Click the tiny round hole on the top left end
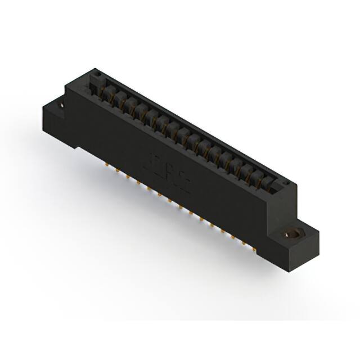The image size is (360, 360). (x=96, y=73)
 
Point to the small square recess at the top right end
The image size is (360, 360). (x=285, y=183)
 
